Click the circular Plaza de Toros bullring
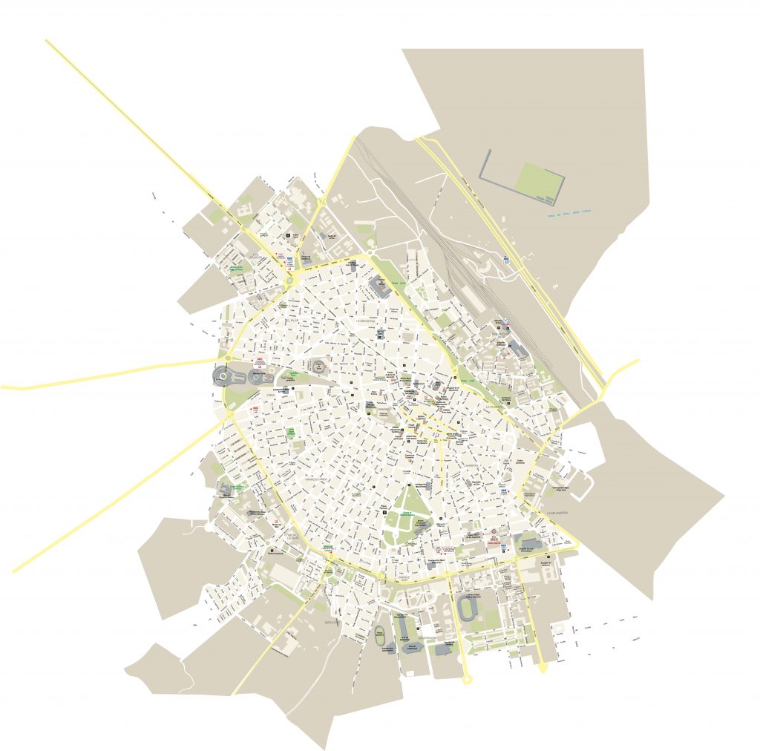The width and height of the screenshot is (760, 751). (x=320, y=367)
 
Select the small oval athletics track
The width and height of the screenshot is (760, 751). (x=381, y=637)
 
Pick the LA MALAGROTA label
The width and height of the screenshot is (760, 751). (x=557, y=513)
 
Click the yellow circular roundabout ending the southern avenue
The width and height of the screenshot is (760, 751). (x=466, y=678)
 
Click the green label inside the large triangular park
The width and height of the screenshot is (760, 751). (x=407, y=514)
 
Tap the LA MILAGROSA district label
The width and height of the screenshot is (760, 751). (x=494, y=407)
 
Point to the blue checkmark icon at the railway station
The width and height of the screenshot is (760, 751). (x=506, y=320)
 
